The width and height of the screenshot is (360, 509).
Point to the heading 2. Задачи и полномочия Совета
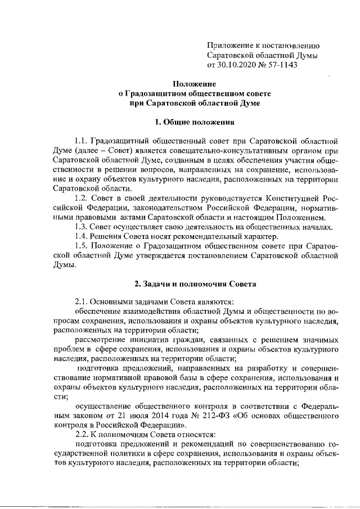195,284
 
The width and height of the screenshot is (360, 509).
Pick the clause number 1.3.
82,227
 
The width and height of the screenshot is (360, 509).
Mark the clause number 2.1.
82,303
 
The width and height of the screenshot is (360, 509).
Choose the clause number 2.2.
82,435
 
